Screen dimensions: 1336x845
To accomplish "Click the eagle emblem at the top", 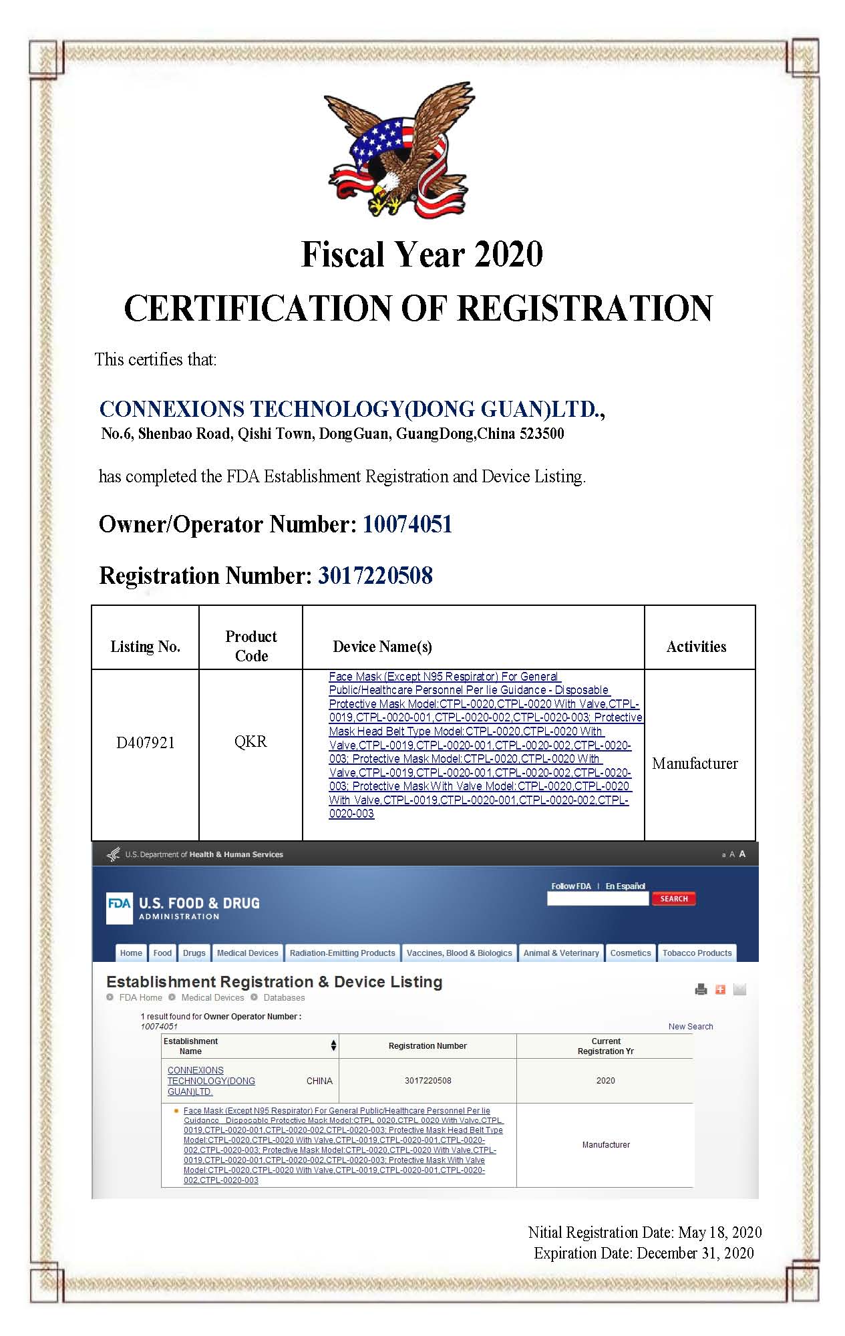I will (x=399, y=150).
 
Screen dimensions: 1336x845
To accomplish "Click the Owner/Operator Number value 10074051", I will (x=407, y=524).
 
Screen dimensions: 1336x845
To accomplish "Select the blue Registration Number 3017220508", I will (x=375, y=576).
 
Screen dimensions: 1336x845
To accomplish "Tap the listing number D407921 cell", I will (x=146, y=743).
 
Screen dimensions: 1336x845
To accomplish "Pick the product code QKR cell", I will (x=250, y=742).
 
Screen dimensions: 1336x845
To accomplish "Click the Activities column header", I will (x=696, y=647).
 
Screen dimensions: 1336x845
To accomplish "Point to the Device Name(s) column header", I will (x=382, y=647).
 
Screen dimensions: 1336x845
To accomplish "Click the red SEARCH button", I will (x=674, y=899).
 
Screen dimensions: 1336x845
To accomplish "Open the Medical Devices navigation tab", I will (x=247, y=953).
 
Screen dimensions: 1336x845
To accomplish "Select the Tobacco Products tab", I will (x=697, y=953).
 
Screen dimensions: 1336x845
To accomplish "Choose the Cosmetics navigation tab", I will (x=630, y=953).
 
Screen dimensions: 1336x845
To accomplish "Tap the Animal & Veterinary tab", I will (x=561, y=953).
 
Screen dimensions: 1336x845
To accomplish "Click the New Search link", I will (x=691, y=1027).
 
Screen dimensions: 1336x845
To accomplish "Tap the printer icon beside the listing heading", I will (x=701, y=990).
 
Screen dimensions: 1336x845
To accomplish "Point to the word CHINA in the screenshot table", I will (x=319, y=1081).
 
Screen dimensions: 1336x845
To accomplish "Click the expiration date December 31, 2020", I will (x=695, y=1254).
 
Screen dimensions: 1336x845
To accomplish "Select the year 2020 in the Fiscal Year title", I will (x=508, y=255).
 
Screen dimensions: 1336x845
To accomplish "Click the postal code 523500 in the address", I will (x=542, y=434).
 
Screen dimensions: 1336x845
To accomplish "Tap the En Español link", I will (x=625, y=886).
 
